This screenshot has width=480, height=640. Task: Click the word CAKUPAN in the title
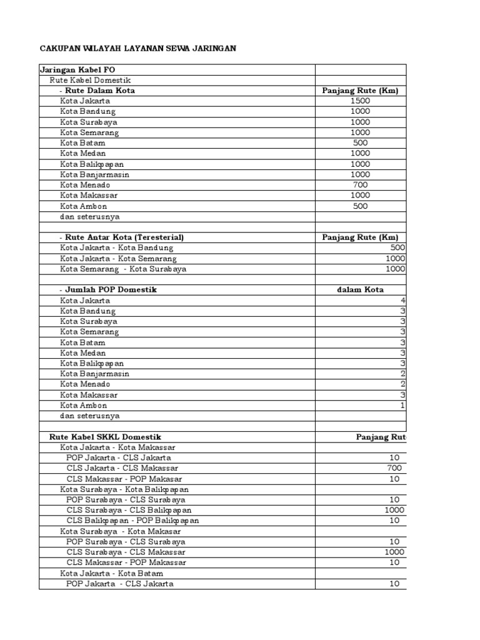61,47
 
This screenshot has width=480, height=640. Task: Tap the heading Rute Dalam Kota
100,91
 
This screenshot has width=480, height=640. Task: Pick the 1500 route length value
360,101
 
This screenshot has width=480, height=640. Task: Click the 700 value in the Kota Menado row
360,185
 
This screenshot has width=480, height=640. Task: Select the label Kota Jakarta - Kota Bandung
116,248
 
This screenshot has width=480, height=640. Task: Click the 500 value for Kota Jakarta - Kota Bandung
397,248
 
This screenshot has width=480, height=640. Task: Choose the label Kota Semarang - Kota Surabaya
123,269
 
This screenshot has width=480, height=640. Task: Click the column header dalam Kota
360,290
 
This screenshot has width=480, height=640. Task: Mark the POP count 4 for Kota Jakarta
403,301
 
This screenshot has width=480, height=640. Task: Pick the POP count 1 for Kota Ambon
403,406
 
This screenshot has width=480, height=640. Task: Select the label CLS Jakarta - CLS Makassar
122,468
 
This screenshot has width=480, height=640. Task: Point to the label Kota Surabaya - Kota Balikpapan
124,489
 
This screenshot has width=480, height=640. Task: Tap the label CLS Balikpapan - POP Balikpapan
133,521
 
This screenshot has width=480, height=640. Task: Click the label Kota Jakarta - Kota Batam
112,573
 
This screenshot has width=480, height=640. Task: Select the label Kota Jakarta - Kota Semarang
118,259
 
